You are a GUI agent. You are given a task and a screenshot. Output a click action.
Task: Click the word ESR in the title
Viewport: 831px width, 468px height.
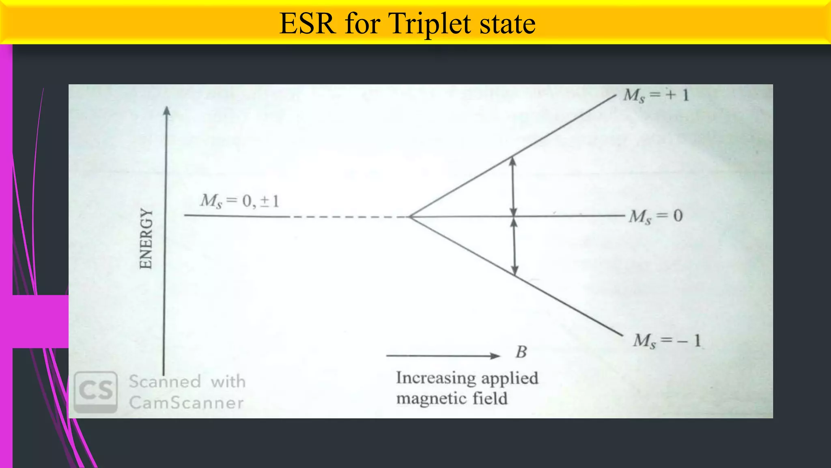point(307,24)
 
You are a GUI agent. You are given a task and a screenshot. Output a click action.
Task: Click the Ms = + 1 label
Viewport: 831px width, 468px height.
point(656,95)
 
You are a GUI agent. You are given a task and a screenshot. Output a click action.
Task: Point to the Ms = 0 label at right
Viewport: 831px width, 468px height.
point(656,216)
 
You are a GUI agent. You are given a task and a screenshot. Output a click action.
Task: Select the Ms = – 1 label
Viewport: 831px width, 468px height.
point(667,340)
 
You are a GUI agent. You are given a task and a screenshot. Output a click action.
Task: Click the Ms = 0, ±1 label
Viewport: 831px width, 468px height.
point(239,201)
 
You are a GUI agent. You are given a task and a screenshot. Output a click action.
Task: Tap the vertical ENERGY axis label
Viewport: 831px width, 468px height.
point(146,238)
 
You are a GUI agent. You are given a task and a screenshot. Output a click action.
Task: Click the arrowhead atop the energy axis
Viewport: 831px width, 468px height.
point(166,110)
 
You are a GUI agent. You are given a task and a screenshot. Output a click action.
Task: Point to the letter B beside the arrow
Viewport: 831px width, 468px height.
point(521,352)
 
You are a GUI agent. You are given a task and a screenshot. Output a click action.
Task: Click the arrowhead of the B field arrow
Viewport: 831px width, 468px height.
point(495,356)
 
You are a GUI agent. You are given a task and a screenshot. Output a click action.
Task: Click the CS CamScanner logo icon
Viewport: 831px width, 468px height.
point(96,392)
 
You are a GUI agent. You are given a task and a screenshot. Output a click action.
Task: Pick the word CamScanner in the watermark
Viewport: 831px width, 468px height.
point(186,403)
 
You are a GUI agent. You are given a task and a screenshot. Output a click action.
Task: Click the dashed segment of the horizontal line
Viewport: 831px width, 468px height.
point(349,217)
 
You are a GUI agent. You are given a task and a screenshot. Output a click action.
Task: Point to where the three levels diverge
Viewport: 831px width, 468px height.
point(411,217)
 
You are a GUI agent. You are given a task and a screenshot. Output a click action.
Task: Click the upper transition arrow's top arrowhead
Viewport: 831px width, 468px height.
point(512,161)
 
